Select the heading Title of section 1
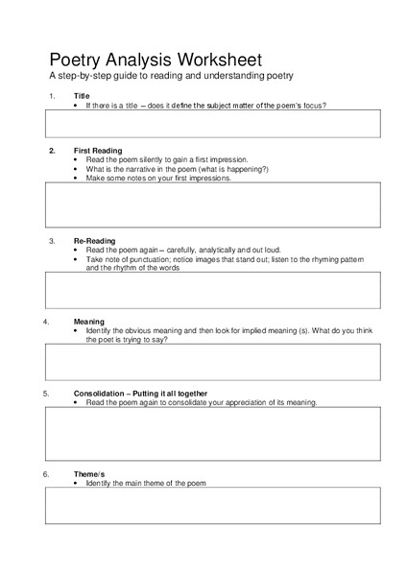[82, 96]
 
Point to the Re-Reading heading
[94, 240]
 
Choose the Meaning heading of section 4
[88, 321]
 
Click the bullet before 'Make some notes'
[76, 178]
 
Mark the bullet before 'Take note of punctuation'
[76, 259]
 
